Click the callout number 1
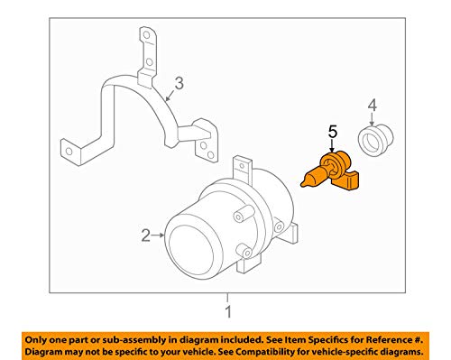click(228, 312)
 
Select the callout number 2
click(146, 237)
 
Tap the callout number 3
click(179, 85)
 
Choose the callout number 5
click(332, 133)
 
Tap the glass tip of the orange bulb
click(308, 177)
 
